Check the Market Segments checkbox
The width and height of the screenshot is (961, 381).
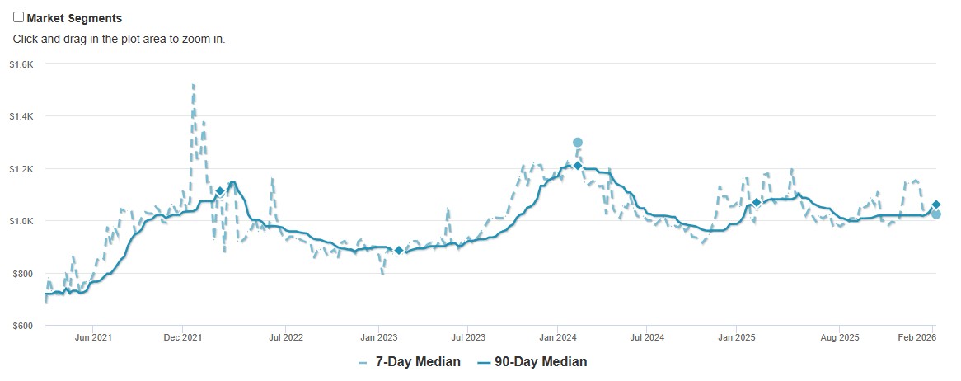pos(19,17)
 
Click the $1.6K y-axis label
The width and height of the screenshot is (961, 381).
pos(21,64)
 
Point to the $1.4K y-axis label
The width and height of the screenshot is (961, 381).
pos(21,116)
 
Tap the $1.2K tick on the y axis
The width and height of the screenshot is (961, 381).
pos(21,169)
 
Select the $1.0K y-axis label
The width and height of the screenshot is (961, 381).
pos(21,221)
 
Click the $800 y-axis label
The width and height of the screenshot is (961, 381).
pos(22,274)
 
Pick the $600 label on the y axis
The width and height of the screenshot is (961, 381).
pos(22,326)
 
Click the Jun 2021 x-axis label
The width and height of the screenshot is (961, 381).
pos(93,337)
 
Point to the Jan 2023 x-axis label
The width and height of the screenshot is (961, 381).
pos(378,337)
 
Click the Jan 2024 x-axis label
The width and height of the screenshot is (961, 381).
pos(558,337)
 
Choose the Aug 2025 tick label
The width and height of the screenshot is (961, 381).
pos(840,337)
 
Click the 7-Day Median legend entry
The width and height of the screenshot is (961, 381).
pos(410,362)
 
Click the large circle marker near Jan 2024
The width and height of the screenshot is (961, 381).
pos(578,143)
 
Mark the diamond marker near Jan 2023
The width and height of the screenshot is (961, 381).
pos(399,251)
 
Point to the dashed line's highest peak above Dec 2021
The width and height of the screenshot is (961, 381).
pos(193,84)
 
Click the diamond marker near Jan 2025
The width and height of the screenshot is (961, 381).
pos(757,203)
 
